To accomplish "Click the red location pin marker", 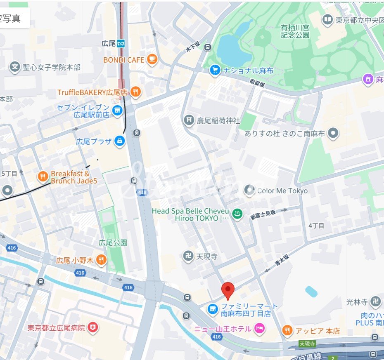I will coord(228,290).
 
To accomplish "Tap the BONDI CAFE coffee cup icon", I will coord(152,60).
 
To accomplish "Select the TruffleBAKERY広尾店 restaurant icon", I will coord(135,92).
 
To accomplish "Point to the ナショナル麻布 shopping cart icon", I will coord(214,71).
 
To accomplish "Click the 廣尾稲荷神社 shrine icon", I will coord(189,120).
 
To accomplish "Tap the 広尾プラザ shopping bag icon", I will coord(120,141).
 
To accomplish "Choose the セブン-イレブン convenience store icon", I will coord(118,110).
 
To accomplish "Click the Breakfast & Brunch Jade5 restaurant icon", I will coord(43,177).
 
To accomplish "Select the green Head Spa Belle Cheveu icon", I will coord(237,214).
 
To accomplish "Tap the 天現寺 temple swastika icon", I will coord(188,256).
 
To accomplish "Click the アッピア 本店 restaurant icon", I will coord(287,330).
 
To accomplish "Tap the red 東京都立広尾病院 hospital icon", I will coord(94,328).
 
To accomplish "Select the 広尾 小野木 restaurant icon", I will coord(101,260).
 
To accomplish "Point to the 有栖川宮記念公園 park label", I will coord(295,31).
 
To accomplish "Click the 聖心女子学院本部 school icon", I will coord(15,67).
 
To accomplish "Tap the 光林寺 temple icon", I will coord(376,302).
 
